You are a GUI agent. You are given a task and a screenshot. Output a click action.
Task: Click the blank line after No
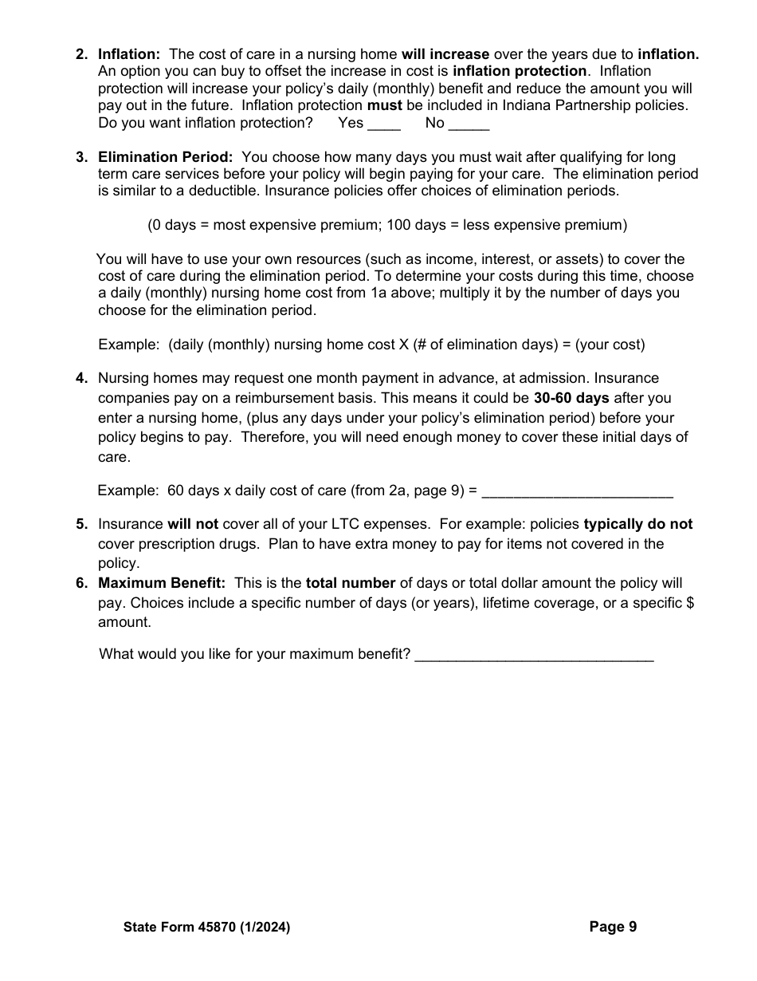pos(469,126)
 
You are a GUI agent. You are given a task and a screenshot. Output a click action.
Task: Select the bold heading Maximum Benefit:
pos(162,583)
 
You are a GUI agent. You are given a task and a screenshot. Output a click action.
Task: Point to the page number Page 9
pos(613,927)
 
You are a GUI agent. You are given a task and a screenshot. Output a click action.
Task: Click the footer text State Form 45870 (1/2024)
pos(207,928)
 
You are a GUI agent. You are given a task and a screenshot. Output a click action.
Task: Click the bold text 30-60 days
pos(571,398)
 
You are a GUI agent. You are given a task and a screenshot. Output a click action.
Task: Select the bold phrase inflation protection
pos(520,72)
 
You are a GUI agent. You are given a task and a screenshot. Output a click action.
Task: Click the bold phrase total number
pos(351,583)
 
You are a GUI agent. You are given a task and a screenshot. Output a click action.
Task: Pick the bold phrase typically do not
pos(638,524)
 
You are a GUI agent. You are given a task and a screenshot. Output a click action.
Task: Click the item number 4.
pos(81,378)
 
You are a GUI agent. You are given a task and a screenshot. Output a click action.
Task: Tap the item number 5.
pos(81,524)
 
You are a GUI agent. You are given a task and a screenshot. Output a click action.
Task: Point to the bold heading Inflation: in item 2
pos(129,54)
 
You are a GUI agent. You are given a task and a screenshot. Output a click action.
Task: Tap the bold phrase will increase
pos(445,54)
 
